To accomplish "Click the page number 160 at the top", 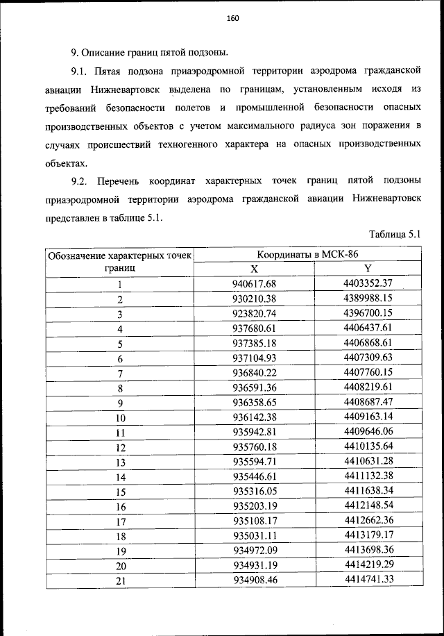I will tap(232, 19).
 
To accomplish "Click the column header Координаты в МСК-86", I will tap(307, 255).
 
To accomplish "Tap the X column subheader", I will tap(254, 269).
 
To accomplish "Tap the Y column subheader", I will tap(368, 269).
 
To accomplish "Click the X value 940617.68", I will tap(254, 284).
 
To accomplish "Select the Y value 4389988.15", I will tap(368, 299).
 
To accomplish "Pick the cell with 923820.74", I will tap(254, 314).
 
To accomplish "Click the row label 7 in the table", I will tap(119, 374).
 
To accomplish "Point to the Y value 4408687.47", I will tap(368, 403).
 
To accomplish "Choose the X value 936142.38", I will tap(254, 418).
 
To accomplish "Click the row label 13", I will tap(119, 463).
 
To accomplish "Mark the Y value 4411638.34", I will tap(368, 492).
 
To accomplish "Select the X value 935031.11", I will tap(254, 537).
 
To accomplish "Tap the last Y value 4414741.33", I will tap(368, 580).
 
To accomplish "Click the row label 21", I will tap(119, 582).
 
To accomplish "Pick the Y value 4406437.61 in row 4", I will tap(368, 328).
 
